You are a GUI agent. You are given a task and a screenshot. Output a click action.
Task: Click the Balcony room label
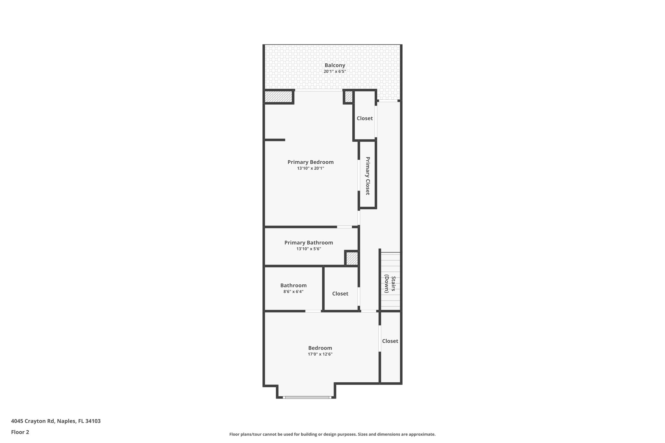click(335, 65)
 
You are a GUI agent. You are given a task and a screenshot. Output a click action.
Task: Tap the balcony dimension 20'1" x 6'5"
click(335, 71)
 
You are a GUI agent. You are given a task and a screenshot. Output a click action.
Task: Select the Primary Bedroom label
click(310, 162)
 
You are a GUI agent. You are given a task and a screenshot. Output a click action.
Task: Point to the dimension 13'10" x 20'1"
click(310, 168)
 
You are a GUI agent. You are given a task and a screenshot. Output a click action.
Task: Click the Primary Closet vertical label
click(368, 176)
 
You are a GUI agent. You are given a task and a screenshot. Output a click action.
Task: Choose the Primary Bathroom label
click(308, 242)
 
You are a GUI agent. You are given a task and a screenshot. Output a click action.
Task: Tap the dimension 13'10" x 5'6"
click(308, 249)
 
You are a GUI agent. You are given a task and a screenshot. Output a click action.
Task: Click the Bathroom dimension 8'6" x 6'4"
click(293, 292)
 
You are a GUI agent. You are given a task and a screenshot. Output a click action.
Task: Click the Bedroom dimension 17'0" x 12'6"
click(320, 354)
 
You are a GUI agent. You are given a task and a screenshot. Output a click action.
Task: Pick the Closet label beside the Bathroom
click(340, 293)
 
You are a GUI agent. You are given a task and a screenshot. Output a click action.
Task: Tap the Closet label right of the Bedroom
click(390, 341)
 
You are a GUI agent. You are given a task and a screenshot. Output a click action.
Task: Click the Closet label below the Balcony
click(365, 118)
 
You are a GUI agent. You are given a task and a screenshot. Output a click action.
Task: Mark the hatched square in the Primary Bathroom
click(352, 259)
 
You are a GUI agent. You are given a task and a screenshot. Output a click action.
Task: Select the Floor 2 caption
click(20, 432)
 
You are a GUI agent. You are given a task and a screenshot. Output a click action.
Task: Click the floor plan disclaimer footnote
click(332, 434)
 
